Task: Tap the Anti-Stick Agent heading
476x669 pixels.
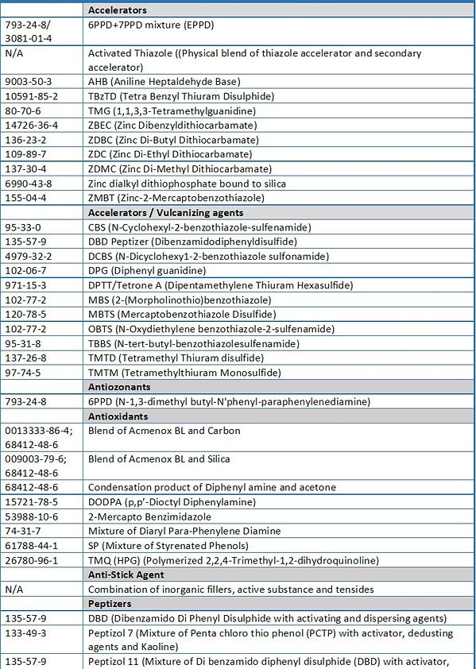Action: tap(126, 574)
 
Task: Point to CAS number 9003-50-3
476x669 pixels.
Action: tap(30, 82)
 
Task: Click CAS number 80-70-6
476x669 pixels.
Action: tap(25, 110)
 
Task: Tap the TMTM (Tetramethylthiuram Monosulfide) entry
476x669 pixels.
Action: tap(184, 373)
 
